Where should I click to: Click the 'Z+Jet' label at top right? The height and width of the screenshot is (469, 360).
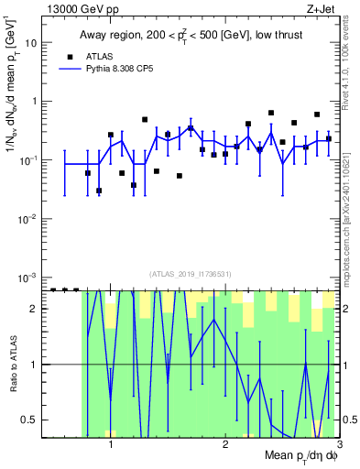(x=322, y=8)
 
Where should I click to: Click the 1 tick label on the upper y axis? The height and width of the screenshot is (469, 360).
(x=36, y=102)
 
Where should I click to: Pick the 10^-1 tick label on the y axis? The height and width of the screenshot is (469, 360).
(x=31, y=159)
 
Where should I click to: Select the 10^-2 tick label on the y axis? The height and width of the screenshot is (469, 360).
(x=31, y=218)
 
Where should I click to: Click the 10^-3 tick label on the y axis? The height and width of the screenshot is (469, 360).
(x=31, y=277)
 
